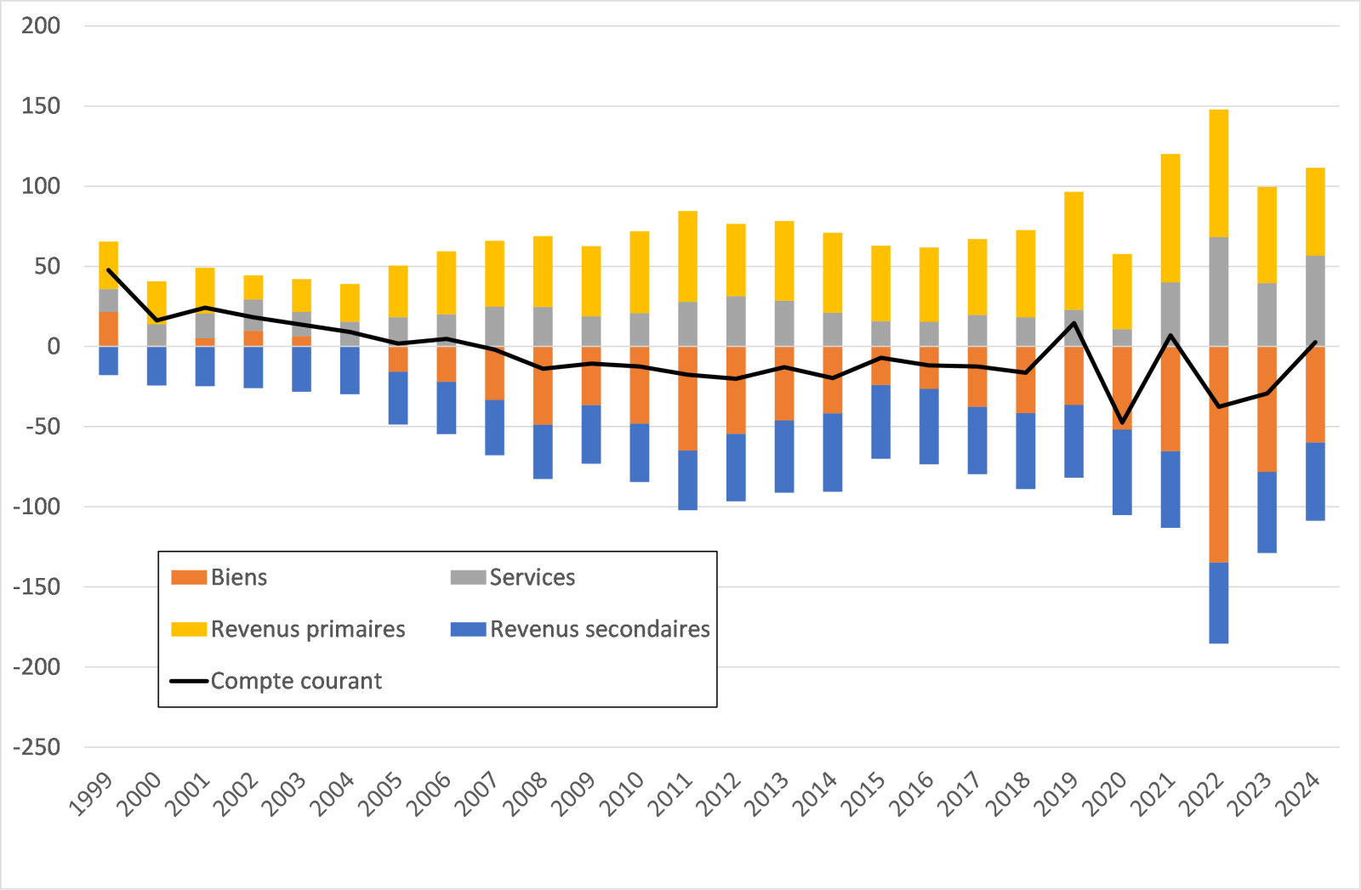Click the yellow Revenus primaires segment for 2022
pos(1218,173)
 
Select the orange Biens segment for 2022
pos(1218,454)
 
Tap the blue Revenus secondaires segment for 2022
pos(1218,603)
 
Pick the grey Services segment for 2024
pos(1315,301)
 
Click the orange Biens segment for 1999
pos(108,329)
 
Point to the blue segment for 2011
pos(687,480)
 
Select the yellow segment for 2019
pos(1073,251)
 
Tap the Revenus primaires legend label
pos(308,630)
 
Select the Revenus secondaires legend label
pos(600,630)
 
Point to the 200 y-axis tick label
pos(41,26)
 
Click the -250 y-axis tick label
pos(37,747)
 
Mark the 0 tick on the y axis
pos(54,346)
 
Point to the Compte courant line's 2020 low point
pos(1122,422)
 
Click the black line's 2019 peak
pos(1073,323)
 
